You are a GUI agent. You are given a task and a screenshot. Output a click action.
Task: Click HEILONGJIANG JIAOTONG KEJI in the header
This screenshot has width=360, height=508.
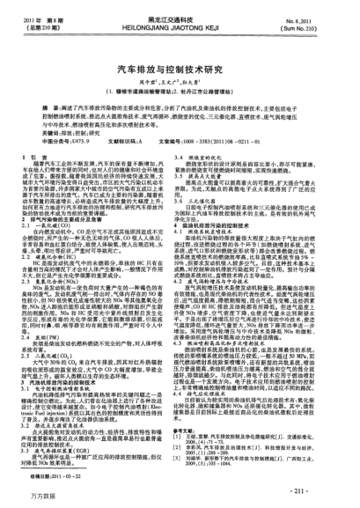coord(180,26)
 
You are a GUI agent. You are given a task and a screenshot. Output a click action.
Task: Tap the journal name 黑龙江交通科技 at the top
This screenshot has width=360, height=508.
coord(180,16)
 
